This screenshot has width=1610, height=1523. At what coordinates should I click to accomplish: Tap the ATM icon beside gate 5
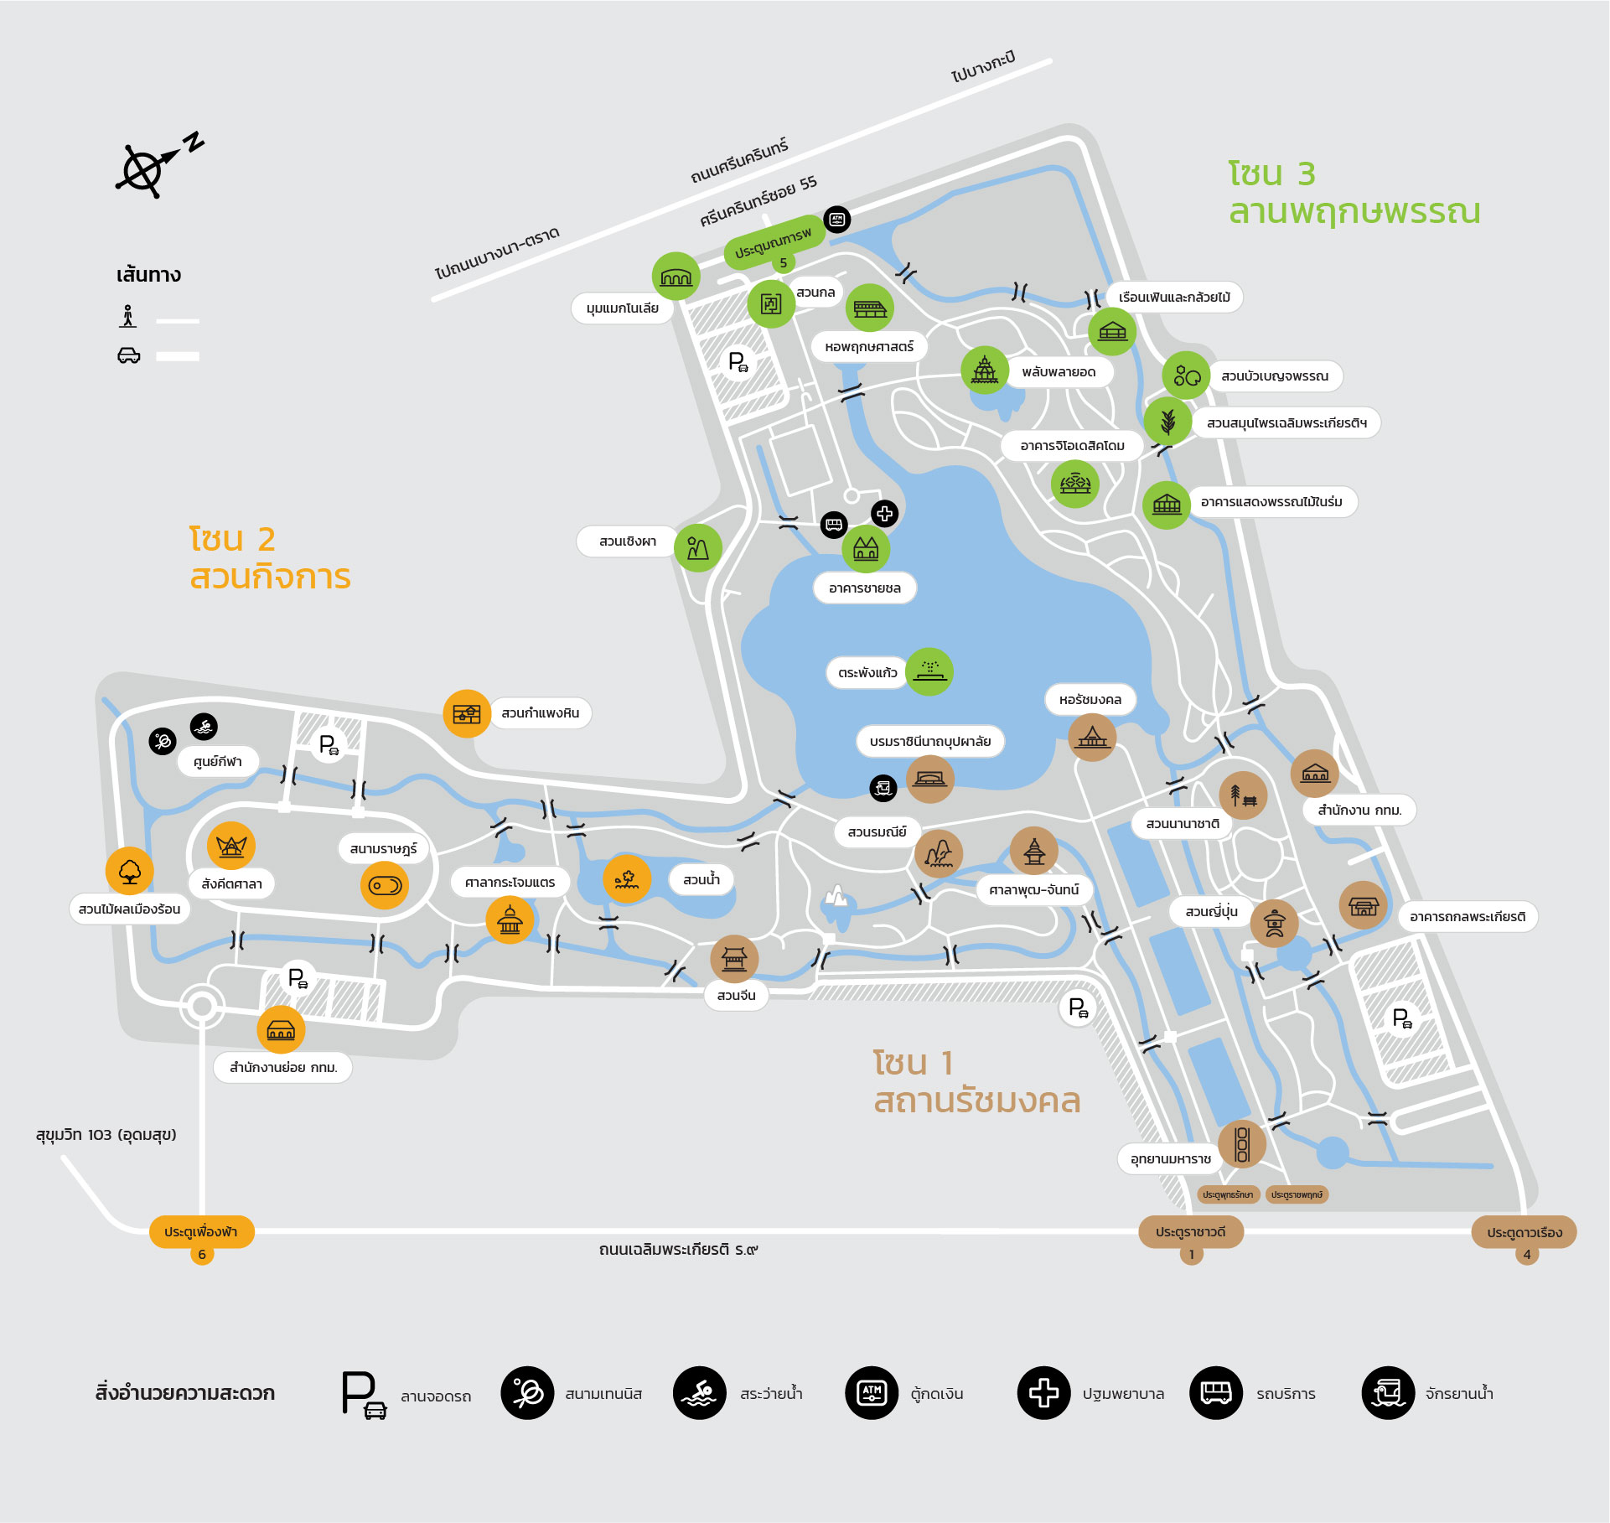tap(836, 220)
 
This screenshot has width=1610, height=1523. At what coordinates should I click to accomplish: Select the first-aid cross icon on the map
tap(884, 514)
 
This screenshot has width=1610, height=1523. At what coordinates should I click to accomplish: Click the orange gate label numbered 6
tap(201, 1232)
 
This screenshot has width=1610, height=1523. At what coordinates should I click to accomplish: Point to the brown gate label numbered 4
tap(1524, 1233)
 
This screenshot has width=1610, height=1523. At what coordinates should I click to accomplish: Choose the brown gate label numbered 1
tap(1190, 1232)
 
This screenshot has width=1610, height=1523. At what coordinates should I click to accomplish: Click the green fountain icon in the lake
tap(929, 671)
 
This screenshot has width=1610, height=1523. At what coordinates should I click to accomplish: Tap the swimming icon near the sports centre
tap(204, 727)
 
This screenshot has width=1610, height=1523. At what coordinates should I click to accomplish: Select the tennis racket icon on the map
tap(163, 741)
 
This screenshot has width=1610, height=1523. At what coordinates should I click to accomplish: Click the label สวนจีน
tap(736, 996)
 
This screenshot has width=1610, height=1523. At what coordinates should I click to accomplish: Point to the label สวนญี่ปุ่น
tap(1211, 911)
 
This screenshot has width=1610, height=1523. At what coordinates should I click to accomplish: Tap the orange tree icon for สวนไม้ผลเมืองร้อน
tap(129, 871)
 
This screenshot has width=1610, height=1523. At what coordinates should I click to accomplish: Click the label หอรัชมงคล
tap(1090, 700)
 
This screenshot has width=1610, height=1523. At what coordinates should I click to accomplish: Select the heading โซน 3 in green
tap(1271, 174)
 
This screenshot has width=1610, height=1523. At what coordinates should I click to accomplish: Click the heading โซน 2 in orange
tap(232, 540)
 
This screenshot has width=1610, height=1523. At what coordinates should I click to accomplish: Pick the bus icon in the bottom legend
tap(1215, 1393)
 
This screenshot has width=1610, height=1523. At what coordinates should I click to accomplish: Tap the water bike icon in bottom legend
tap(1388, 1393)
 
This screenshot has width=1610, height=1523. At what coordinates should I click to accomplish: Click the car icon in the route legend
tap(128, 355)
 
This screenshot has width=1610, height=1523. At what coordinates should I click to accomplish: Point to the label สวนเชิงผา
tap(627, 541)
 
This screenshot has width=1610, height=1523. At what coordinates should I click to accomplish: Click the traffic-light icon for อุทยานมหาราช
tap(1242, 1144)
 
